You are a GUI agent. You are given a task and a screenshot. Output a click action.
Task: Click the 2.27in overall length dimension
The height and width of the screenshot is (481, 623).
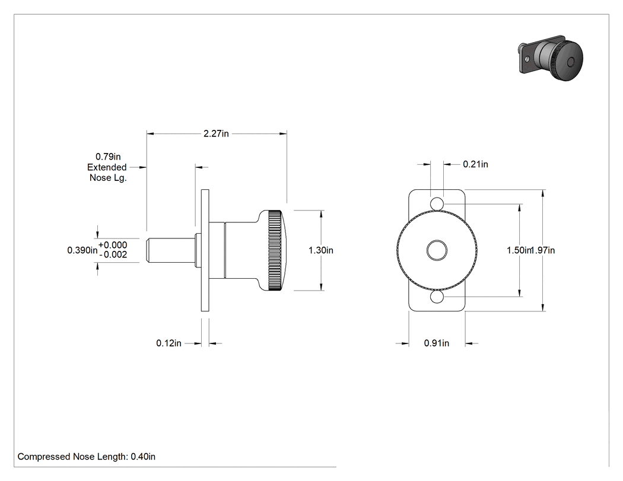click(216, 134)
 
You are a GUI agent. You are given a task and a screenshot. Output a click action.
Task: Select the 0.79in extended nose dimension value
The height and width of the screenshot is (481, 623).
click(108, 157)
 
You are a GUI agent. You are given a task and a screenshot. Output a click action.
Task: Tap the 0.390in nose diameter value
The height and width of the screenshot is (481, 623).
click(82, 250)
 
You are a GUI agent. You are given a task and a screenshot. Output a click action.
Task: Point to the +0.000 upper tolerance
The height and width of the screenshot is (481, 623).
click(113, 245)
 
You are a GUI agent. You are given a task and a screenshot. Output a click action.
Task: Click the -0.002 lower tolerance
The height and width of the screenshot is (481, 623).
click(113, 254)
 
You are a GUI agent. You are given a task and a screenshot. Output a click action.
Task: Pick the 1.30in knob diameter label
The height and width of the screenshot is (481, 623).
click(321, 250)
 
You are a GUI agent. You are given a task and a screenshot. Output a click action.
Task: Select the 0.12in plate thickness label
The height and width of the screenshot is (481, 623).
click(169, 343)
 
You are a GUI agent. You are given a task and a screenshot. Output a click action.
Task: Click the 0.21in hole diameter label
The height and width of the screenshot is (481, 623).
click(476, 164)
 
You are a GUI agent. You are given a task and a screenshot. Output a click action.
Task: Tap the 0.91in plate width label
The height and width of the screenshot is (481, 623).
click(437, 343)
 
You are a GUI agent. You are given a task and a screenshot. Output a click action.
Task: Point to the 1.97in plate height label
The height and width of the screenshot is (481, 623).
click(543, 250)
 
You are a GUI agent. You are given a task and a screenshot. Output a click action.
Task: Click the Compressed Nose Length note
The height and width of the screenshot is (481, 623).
click(87, 457)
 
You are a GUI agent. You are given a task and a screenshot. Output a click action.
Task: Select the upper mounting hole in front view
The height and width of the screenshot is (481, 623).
click(437, 203)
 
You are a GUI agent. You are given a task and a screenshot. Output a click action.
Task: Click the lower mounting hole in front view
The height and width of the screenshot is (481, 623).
click(437, 297)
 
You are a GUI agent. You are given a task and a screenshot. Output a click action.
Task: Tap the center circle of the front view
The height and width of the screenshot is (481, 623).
click(437, 251)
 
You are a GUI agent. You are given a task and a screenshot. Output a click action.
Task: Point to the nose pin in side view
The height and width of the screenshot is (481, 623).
click(171, 251)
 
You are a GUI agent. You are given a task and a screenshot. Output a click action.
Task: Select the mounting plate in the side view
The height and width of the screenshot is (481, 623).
click(205, 251)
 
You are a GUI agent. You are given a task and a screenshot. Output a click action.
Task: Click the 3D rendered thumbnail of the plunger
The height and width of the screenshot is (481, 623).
click(551, 58)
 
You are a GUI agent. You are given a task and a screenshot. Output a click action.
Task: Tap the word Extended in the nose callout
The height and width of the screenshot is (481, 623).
click(107, 167)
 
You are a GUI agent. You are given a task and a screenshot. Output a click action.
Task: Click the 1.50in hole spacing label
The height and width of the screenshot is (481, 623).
click(519, 250)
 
